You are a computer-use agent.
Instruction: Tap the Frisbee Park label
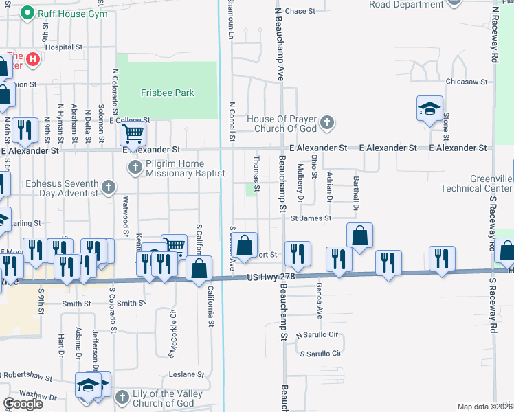click(x=167, y=93)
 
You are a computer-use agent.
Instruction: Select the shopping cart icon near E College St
click(x=132, y=133)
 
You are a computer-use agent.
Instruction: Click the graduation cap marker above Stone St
click(x=429, y=108)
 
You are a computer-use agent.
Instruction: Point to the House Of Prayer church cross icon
click(x=327, y=123)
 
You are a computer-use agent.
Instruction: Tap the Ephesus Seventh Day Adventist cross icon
click(x=108, y=187)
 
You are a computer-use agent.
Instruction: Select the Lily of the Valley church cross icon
click(x=122, y=398)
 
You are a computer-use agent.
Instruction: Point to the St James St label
click(x=311, y=218)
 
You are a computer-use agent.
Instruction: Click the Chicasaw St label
click(x=465, y=81)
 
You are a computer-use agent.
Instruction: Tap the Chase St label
click(x=300, y=11)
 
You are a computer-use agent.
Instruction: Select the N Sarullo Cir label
click(x=317, y=335)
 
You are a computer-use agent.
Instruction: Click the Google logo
click(x=23, y=404)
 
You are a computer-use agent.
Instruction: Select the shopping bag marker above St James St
click(x=359, y=235)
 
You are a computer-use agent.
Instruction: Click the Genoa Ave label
click(x=319, y=299)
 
